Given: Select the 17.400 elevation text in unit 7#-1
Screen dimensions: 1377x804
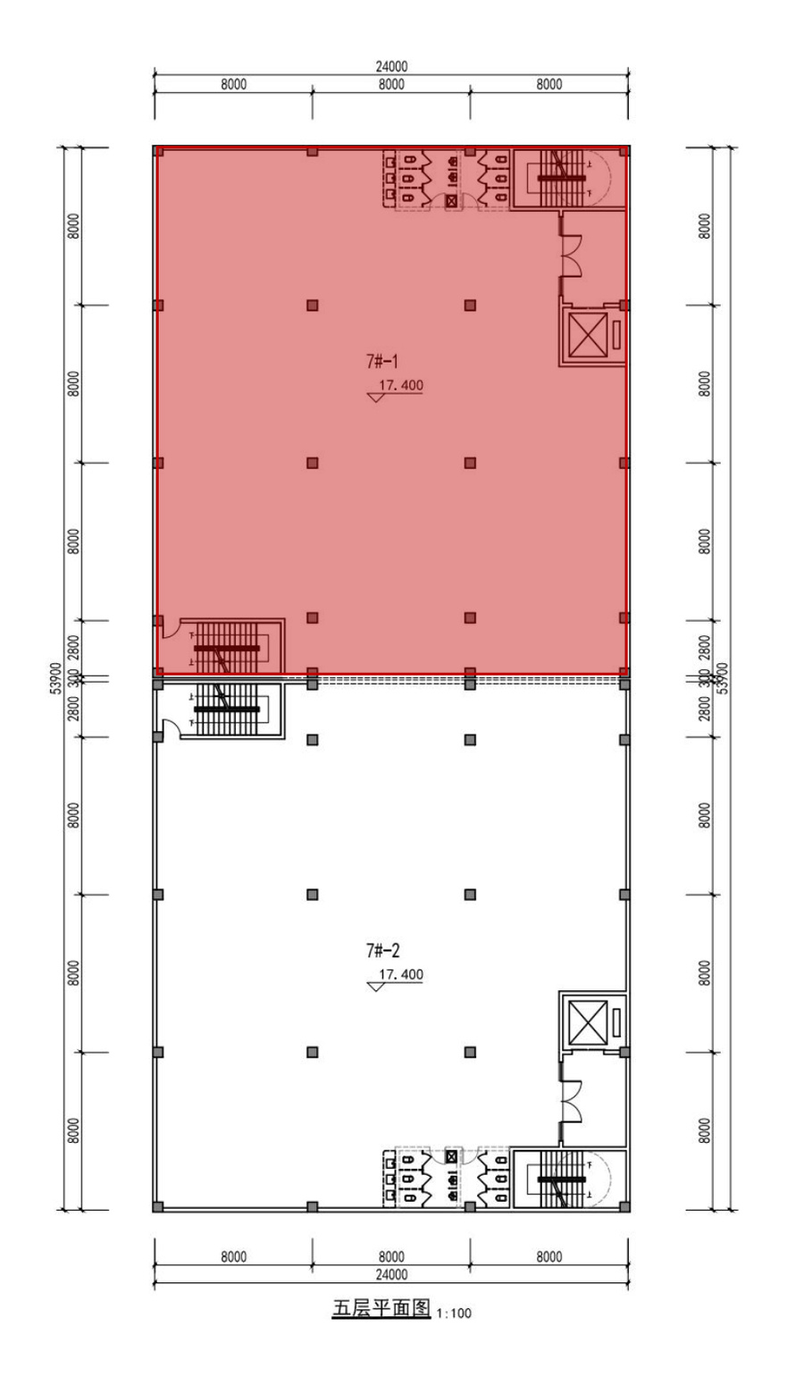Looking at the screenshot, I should pyautogui.click(x=401, y=386).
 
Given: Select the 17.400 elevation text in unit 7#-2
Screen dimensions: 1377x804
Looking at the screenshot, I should pyautogui.click(x=401, y=975).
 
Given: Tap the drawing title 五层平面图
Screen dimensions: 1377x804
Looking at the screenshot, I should pyautogui.click(x=381, y=1310).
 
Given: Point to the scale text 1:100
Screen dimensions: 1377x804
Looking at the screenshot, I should pyautogui.click(x=454, y=1314).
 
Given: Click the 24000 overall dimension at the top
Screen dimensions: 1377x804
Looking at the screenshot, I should pyautogui.click(x=391, y=66).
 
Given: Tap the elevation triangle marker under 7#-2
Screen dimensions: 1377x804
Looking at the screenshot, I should pyautogui.click(x=376, y=986).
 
